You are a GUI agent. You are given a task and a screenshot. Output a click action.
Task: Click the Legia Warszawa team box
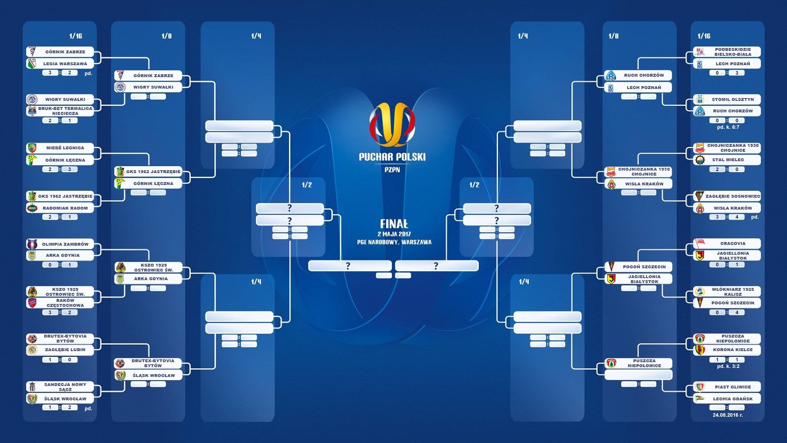coord(60,64)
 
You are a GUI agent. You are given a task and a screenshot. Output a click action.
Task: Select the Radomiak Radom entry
coord(60,208)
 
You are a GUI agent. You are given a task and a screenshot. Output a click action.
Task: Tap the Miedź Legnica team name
coord(65,148)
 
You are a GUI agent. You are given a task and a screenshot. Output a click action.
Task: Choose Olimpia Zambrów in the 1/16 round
coord(60,244)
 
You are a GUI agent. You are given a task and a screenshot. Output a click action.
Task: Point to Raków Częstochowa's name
coord(65,303)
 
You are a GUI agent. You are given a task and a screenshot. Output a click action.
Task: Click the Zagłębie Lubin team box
coord(60,350)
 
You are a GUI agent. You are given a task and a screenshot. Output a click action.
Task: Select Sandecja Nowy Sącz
coord(60,387)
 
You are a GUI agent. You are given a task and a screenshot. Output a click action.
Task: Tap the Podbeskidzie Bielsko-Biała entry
coord(727,52)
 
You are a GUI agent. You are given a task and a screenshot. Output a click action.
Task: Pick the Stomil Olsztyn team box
coord(727,99)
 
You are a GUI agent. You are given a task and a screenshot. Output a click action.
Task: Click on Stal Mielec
coord(727,160)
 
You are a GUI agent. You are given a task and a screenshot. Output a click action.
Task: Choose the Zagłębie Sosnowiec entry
coord(727,196)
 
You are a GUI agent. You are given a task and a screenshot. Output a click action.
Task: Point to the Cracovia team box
coord(727,243)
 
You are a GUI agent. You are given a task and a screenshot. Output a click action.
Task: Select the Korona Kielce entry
coord(727,350)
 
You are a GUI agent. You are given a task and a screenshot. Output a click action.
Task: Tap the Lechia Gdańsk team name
coord(733,399)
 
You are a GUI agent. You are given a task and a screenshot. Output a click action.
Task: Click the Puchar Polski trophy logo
coord(392,124)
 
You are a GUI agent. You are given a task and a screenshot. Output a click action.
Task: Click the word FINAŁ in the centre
coord(394,224)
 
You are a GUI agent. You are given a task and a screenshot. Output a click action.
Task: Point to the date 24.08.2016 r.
coord(728,415)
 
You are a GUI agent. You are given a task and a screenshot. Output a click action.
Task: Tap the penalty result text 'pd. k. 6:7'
coord(728,127)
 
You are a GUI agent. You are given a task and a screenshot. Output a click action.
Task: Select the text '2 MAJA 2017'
coord(394,234)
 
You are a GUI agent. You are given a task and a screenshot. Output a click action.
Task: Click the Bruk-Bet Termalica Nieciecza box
coord(60,111)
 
